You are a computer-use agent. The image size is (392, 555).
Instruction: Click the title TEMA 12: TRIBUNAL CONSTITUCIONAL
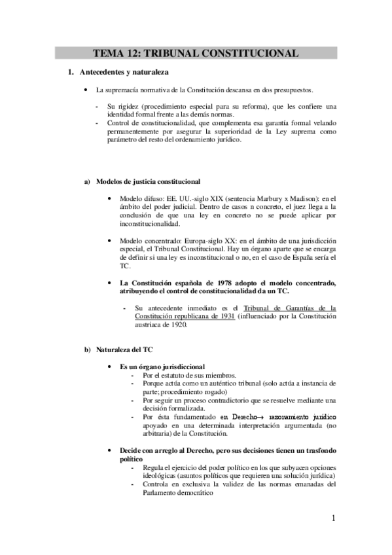tap(196, 53)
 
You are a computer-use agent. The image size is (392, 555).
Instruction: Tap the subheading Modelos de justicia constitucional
tap(148, 181)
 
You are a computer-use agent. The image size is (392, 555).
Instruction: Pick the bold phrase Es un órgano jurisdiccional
tap(162, 367)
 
